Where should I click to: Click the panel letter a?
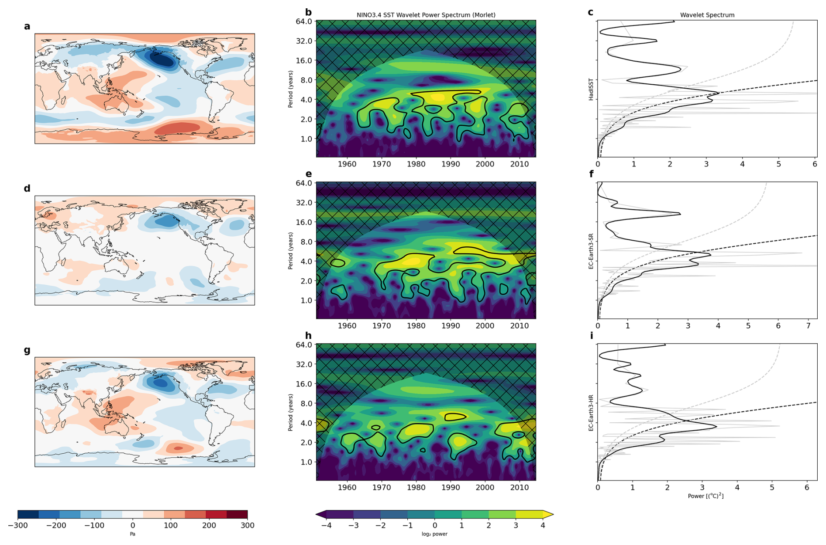point(27,26)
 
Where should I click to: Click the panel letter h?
point(308,335)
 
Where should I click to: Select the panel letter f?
point(592,174)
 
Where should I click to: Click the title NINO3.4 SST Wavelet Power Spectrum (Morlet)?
point(426,15)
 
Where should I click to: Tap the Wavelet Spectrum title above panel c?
point(707,15)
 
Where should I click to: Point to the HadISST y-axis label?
point(591,90)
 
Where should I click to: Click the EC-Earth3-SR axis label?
point(591,251)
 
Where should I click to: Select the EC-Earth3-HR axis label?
point(591,413)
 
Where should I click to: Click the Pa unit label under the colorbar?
point(133,534)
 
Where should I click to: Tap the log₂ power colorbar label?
point(434,534)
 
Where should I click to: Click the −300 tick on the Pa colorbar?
point(18,525)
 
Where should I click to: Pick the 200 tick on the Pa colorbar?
point(209,525)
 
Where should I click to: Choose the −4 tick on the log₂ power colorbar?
point(326,525)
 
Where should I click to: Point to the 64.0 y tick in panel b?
point(304,21)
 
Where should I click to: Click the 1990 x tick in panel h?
point(451,487)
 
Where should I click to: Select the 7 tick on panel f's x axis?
point(809,326)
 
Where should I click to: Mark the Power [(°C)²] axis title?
point(706,496)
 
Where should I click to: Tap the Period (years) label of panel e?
point(290,250)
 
